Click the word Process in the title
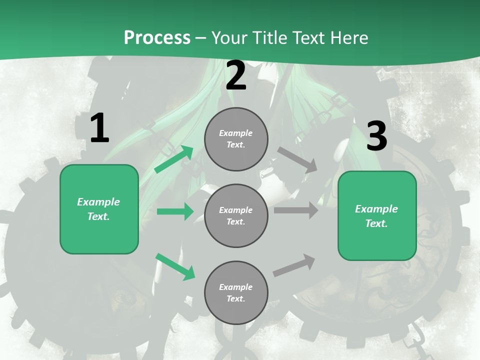[157, 37]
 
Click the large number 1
[99, 128]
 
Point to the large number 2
[236, 76]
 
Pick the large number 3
[376, 136]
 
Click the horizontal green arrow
[175, 211]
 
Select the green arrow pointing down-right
[175, 266]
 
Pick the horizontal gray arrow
[296, 210]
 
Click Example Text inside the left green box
[98, 209]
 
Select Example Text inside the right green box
[376, 216]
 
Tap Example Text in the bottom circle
[235, 292]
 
